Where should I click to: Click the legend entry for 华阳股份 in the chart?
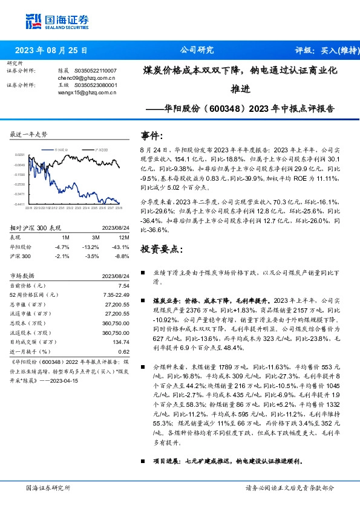tap(61, 148)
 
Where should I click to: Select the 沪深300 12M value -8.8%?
tap(123, 256)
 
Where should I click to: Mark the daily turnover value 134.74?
tap(121, 342)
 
